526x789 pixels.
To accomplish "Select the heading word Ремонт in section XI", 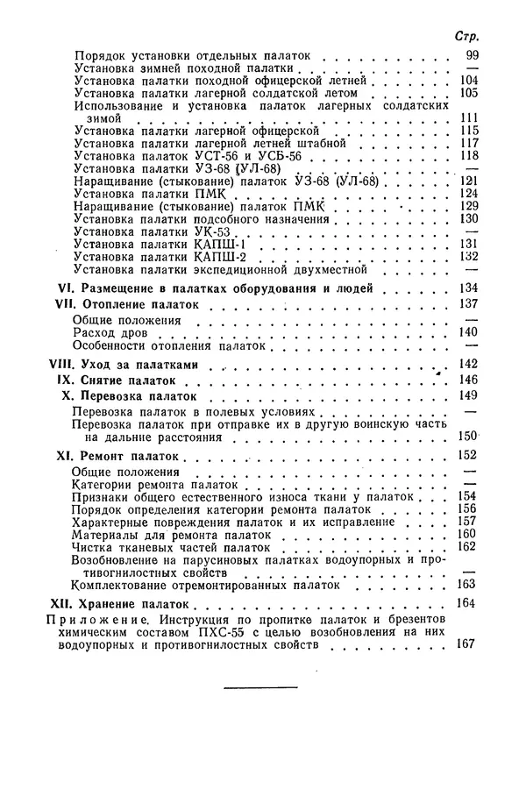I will pyautogui.click(x=104, y=457).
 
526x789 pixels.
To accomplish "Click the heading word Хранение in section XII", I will pyautogui.click(x=110, y=605).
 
